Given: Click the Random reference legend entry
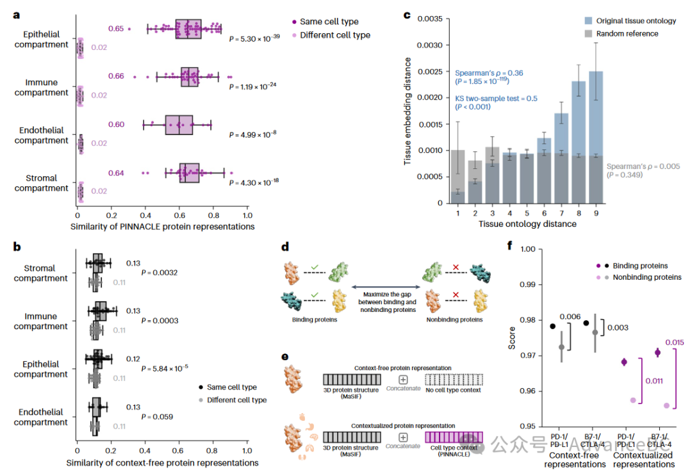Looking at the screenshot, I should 627,33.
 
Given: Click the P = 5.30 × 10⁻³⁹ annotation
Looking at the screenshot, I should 254,38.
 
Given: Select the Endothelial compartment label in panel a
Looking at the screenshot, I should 42,135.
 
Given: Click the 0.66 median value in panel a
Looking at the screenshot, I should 116,76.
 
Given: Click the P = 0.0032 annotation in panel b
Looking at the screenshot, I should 159,273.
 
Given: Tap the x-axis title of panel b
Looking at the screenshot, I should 162,462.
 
